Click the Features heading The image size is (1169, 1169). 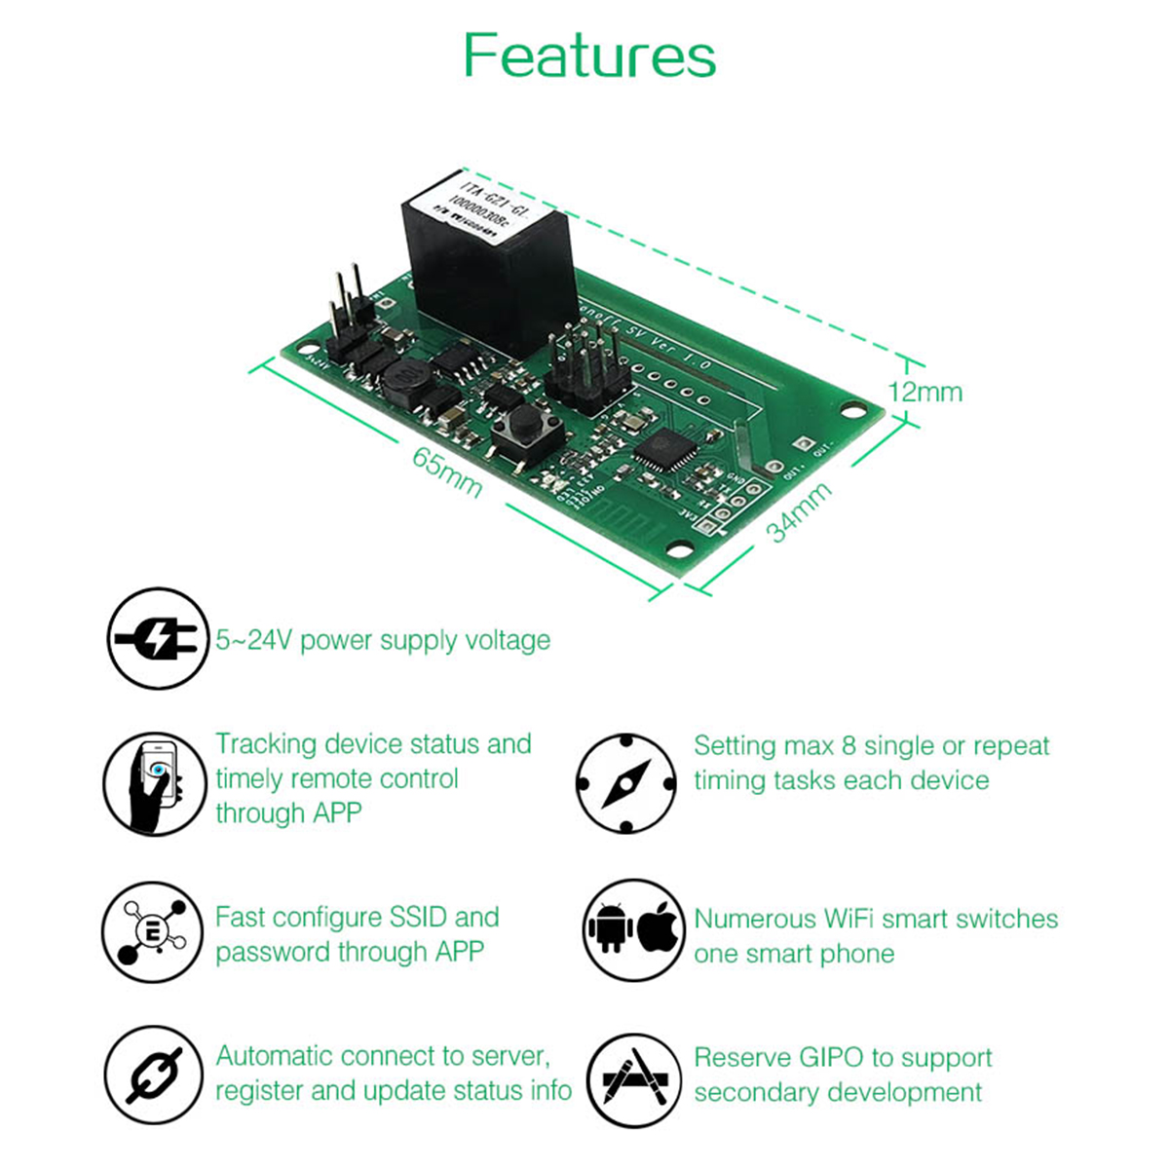[x=589, y=56]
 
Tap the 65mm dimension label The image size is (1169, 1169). [x=447, y=472]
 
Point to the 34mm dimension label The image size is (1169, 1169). [x=799, y=511]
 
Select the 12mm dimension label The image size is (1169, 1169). [x=924, y=392]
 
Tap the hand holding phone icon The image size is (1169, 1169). [x=155, y=784]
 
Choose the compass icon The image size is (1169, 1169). [x=625, y=784]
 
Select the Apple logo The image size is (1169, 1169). [x=657, y=926]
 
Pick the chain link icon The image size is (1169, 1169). [x=155, y=1076]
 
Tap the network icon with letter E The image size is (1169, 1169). [x=153, y=932]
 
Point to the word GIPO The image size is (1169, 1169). [x=832, y=1058]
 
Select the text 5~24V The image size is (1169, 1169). [x=254, y=640]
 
